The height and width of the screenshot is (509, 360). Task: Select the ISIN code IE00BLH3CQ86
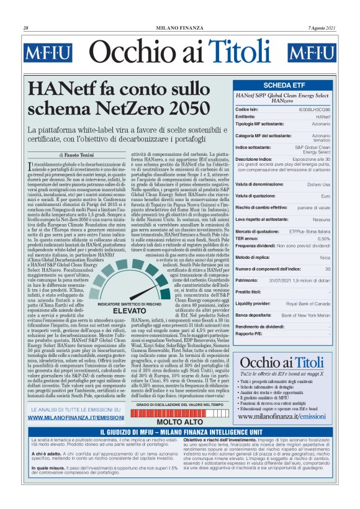314,109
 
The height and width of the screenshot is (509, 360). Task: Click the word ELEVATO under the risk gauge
129,310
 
